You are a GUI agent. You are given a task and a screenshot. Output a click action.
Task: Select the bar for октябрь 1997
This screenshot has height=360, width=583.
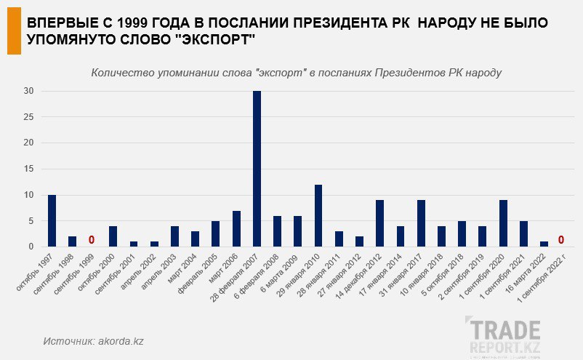[x=52, y=221]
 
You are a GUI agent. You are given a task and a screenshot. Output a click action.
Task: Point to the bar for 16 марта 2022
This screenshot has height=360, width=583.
[x=544, y=244]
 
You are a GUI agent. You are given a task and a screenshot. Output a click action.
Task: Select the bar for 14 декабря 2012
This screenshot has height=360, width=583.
[x=379, y=223]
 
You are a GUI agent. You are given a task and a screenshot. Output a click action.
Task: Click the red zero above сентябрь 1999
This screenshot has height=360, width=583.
[x=92, y=240]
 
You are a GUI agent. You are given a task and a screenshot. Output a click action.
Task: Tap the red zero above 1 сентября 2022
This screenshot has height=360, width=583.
[x=561, y=240]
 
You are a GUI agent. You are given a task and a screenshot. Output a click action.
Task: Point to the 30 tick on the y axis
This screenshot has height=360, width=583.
[x=29, y=91]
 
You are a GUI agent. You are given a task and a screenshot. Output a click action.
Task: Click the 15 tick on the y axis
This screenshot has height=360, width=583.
[x=29, y=169]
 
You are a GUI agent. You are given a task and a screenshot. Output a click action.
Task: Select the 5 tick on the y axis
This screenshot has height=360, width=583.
[x=31, y=221]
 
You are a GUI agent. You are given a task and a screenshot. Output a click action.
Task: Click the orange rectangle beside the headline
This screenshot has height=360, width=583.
[x=13, y=34]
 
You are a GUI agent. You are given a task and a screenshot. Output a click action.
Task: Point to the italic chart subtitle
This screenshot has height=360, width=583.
[x=297, y=73]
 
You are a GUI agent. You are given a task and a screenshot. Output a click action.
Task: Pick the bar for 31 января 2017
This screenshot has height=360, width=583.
[x=421, y=223]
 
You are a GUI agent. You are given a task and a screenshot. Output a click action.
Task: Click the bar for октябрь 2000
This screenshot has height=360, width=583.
[x=113, y=236]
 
